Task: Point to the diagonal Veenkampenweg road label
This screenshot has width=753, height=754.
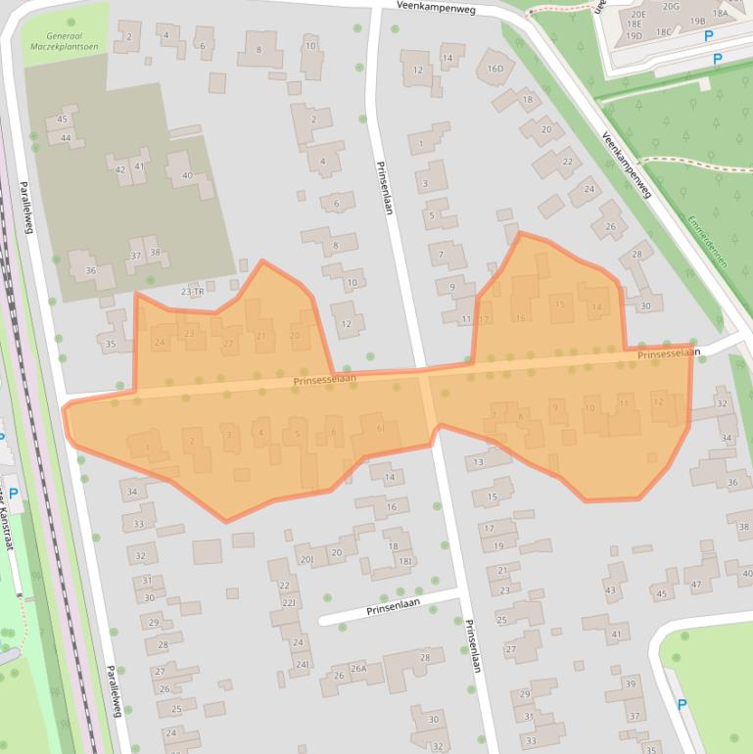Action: (627, 165)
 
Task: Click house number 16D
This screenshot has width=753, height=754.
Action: (494, 68)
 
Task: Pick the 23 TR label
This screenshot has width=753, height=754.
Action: (192, 291)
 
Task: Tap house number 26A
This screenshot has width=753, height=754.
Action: (358, 669)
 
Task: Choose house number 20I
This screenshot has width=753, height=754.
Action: (306, 559)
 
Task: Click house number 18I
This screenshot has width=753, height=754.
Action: (404, 560)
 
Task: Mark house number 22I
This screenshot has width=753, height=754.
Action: (288, 602)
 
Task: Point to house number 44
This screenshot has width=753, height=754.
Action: (66, 138)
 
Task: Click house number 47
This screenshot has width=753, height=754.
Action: (696, 585)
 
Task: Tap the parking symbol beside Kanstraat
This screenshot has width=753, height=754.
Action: (14, 494)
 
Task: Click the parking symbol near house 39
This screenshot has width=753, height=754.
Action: (682, 704)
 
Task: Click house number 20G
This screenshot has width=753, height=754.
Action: (670, 7)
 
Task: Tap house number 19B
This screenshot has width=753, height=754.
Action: (697, 21)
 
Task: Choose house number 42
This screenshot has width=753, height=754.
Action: (120, 168)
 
